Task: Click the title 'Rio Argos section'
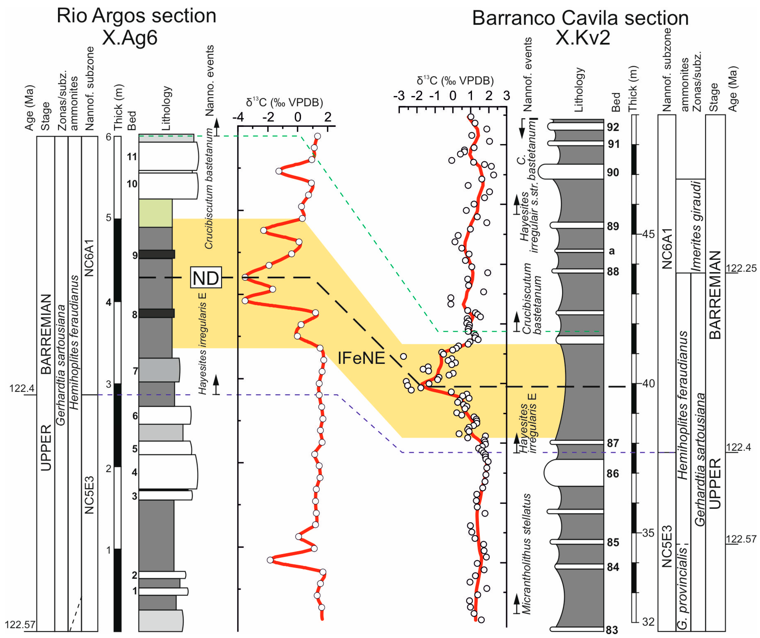pos(136,16)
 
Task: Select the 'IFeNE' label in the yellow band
pos(361,358)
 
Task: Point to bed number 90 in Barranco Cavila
pos(613,172)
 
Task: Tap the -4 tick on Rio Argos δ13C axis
pos(238,117)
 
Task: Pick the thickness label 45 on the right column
pos(648,234)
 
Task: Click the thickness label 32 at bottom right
pos(648,622)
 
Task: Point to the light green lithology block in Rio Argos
pos(155,213)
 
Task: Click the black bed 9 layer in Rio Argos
pos(157,254)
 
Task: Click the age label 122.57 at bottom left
pos(20,625)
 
